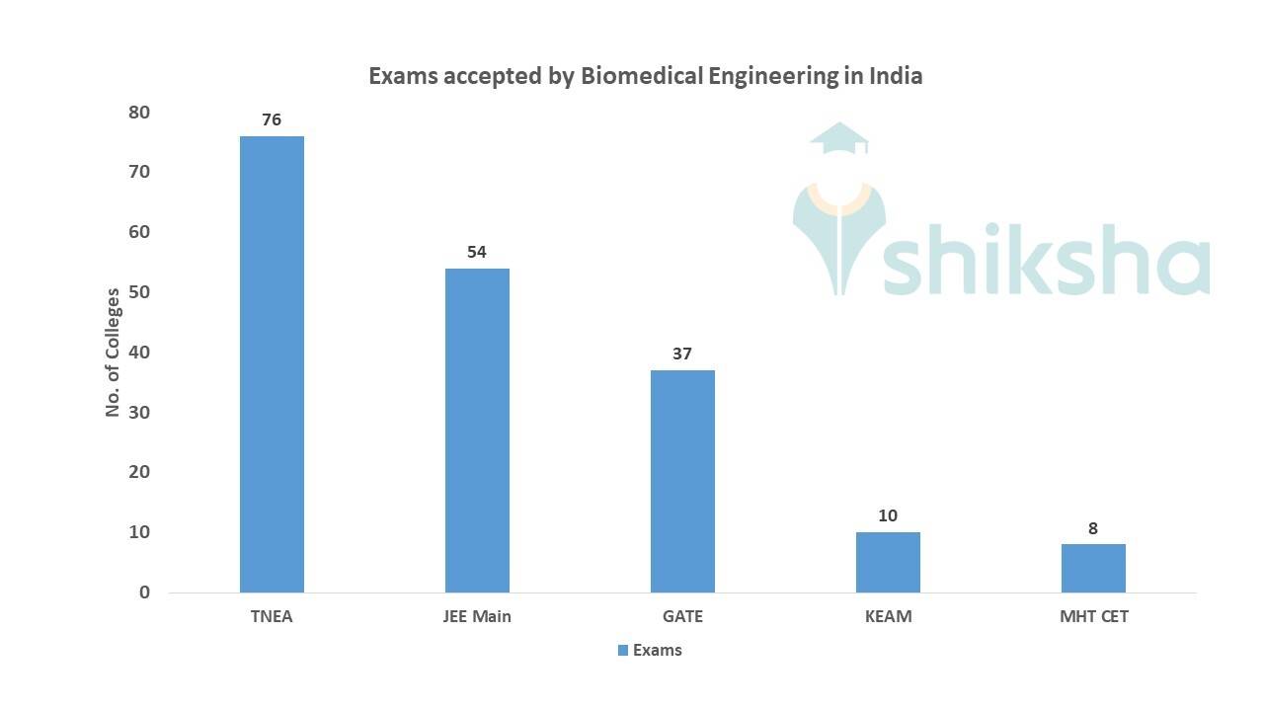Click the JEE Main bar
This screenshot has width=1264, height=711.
click(x=477, y=430)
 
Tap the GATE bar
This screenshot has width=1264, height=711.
click(x=682, y=481)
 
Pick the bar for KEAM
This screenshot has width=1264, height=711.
click(x=888, y=562)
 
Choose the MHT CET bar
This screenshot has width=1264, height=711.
click(x=1093, y=568)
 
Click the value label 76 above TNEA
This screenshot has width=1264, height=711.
click(x=272, y=119)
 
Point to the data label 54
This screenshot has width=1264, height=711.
click(x=477, y=252)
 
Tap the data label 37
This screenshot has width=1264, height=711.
click(x=682, y=354)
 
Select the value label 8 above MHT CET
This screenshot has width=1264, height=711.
click(x=1093, y=528)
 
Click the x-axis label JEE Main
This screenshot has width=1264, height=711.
click(x=477, y=617)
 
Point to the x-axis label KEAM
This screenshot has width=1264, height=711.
click(x=888, y=617)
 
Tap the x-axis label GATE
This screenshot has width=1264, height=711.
click(x=682, y=617)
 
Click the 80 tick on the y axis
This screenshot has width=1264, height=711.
click(x=139, y=113)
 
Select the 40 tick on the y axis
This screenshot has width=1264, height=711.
click(x=139, y=353)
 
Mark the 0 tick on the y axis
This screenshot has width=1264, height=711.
click(x=144, y=592)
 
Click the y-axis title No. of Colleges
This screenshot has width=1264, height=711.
click(x=113, y=353)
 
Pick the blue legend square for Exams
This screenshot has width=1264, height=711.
click(x=623, y=650)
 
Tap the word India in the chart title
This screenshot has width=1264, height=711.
click(x=896, y=76)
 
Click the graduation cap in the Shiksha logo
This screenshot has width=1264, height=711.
click(x=838, y=139)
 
